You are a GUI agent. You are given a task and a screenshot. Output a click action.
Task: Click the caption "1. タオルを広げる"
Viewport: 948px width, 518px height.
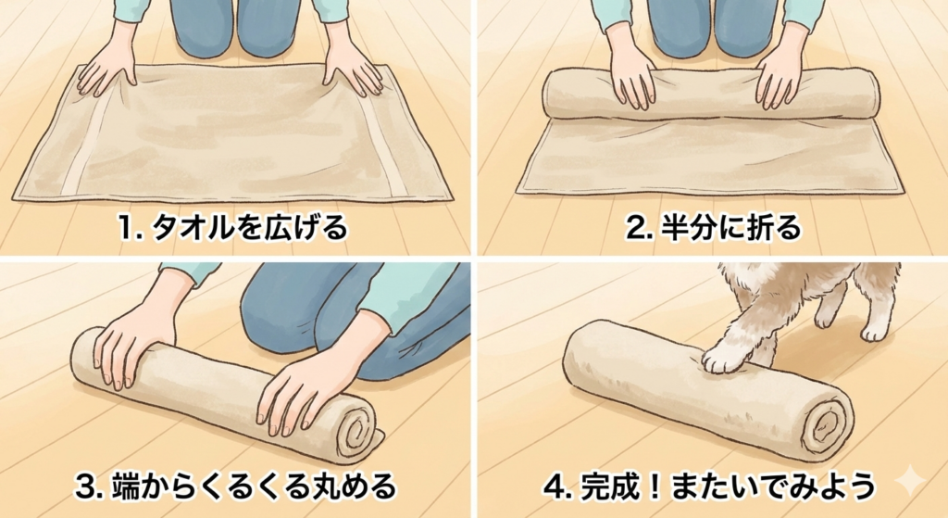[232, 228]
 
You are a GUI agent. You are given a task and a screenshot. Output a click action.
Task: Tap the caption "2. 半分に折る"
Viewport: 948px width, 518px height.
[713, 228]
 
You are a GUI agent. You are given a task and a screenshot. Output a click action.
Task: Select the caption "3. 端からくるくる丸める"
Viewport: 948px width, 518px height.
[235, 486]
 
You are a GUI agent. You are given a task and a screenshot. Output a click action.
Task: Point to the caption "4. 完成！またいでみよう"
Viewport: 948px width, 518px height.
[709, 486]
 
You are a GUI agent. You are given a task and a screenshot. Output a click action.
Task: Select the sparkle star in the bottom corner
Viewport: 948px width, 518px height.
[910, 482]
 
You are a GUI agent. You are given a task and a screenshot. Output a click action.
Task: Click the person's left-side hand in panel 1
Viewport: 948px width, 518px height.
[107, 74]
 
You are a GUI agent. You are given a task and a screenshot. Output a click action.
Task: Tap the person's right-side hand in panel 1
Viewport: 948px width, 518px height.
[354, 71]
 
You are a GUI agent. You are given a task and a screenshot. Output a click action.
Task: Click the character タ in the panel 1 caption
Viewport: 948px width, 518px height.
[167, 229]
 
